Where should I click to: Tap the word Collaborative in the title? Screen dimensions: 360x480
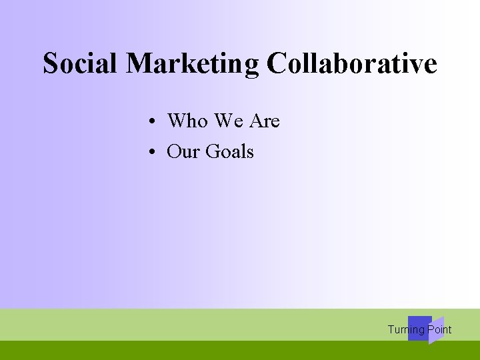pyautogui.click(x=351, y=63)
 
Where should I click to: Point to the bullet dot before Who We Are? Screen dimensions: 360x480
pyautogui.click(x=153, y=122)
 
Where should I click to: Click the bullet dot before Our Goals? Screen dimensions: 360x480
pyautogui.click(x=153, y=153)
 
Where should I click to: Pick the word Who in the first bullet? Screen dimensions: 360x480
pyautogui.click(x=187, y=121)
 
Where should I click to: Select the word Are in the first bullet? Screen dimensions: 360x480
pyautogui.click(x=265, y=121)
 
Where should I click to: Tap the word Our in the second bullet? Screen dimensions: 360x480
pyautogui.click(x=183, y=152)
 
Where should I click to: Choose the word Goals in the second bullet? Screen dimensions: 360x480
pyautogui.click(x=229, y=152)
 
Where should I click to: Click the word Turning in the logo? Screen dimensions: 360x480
pyautogui.click(x=405, y=329)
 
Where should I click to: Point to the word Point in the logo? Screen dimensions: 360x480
pyautogui.click(x=439, y=329)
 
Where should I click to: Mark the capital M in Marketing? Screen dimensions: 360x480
pyautogui.click(x=139, y=63)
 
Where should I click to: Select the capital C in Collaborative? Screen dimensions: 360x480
pyautogui.click(x=275, y=63)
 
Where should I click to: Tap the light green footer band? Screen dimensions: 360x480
pyautogui.click(x=200, y=325)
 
